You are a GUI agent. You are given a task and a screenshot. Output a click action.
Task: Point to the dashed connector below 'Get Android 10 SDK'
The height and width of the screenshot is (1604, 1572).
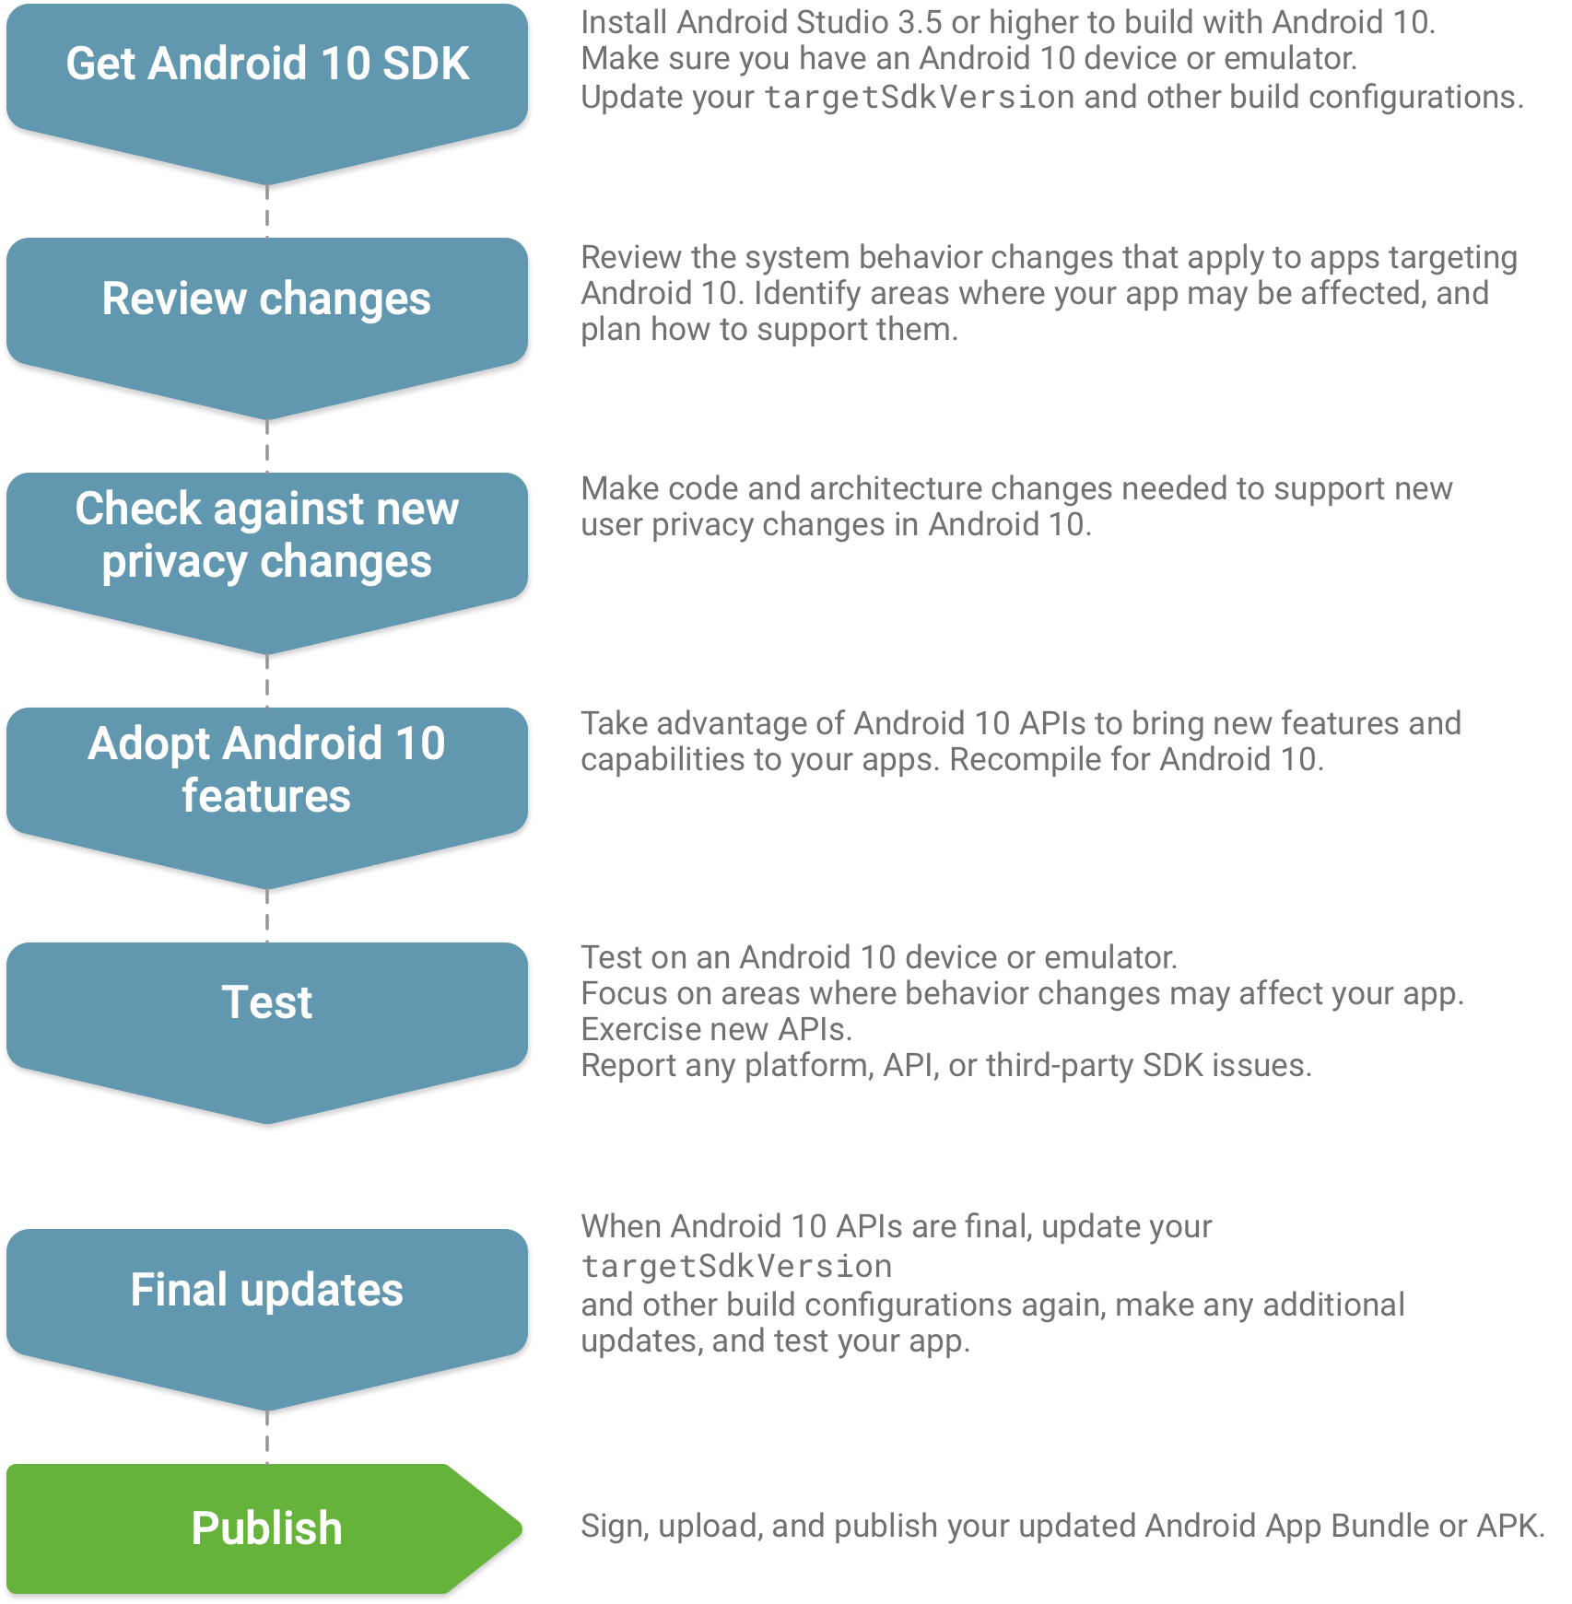click(267, 211)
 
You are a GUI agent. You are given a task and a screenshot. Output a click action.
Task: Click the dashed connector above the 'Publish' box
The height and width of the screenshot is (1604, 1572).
click(267, 1437)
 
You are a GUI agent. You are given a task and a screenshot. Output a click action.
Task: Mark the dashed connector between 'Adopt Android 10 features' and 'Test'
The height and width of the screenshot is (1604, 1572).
click(267, 916)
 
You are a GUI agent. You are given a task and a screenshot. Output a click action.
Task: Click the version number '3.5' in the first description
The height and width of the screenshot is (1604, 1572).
click(920, 22)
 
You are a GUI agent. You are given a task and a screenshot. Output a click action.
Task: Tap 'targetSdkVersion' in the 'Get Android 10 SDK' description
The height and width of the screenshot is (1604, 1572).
click(920, 98)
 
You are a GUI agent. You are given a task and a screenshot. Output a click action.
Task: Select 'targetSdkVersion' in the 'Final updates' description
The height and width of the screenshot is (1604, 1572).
click(737, 1267)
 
